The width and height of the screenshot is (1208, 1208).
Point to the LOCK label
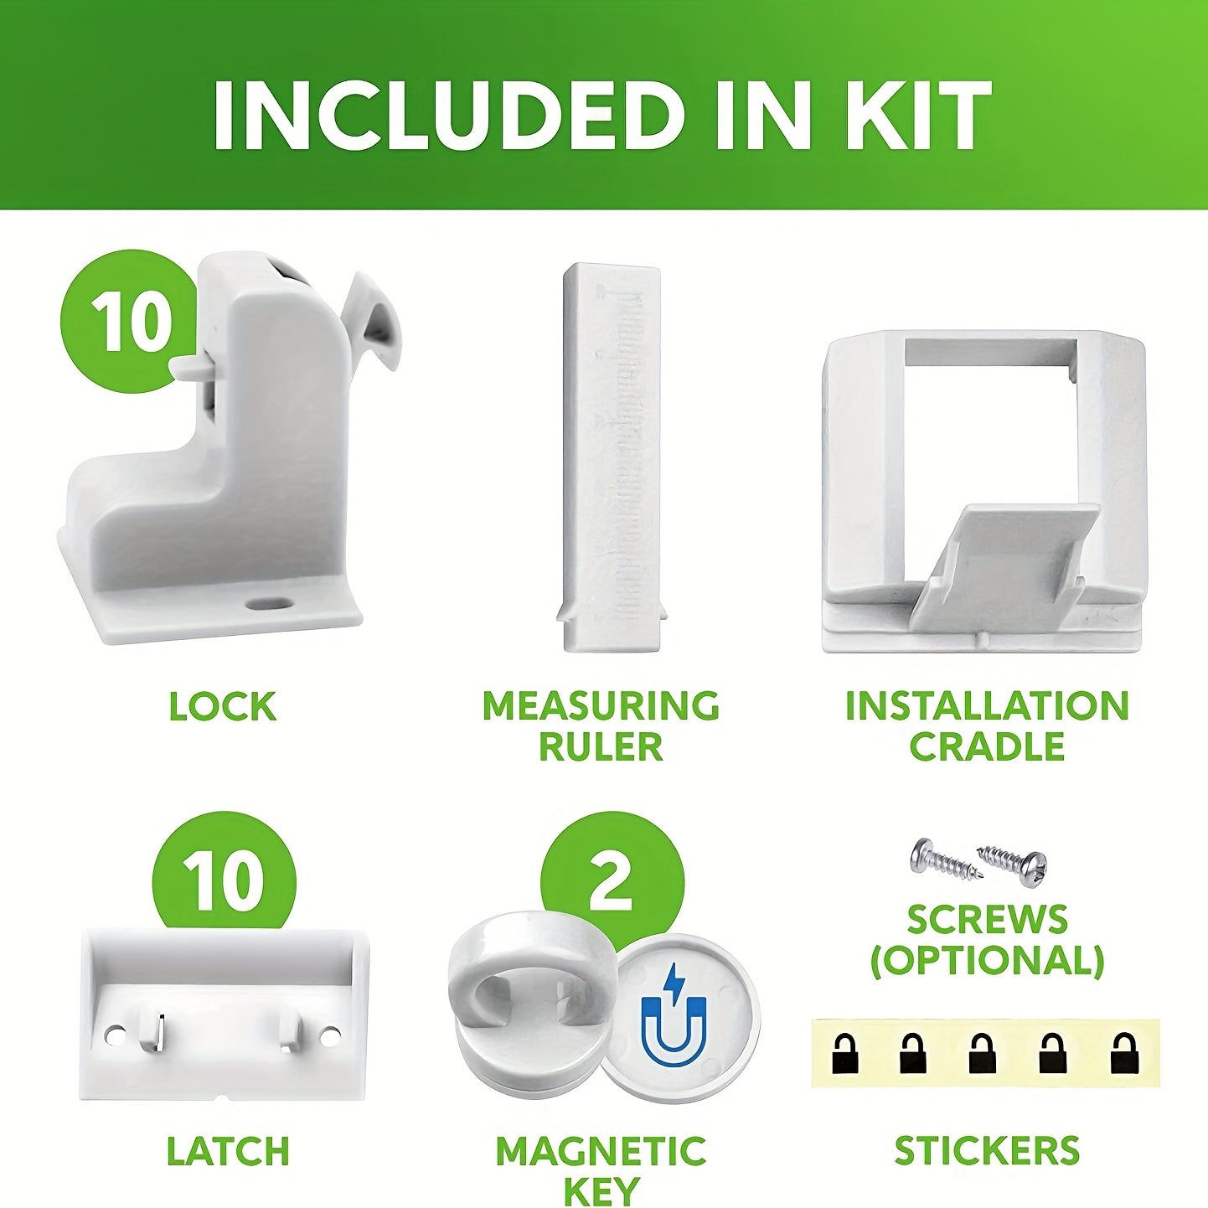click(222, 707)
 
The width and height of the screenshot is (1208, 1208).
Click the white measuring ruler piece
click(610, 457)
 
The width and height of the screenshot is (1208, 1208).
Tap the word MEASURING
click(601, 707)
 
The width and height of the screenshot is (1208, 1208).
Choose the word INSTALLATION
click(987, 707)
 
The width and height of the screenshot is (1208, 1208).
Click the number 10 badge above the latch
click(224, 880)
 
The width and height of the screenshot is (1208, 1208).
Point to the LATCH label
click(228, 1152)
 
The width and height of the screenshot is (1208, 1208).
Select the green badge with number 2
click(611, 880)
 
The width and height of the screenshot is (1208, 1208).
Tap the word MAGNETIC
click(601, 1152)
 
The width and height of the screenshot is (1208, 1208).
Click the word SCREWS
click(987, 921)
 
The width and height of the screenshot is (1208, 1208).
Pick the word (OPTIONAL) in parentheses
click(987, 961)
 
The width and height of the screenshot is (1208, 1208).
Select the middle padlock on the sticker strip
click(982, 1054)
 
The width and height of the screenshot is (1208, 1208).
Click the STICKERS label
click(987, 1152)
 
